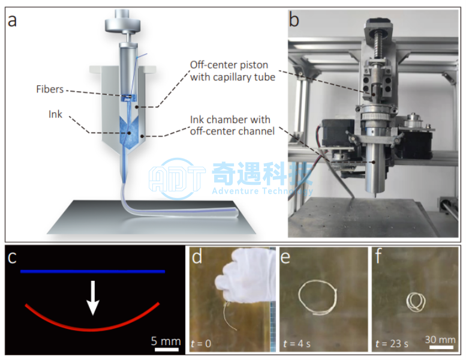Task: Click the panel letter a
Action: [x=12, y=20]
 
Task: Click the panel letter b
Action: [x=294, y=20]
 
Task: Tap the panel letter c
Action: [x=12, y=257]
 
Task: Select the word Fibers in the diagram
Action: [x=50, y=89]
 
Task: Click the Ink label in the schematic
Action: [x=55, y=114]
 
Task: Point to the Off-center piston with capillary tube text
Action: [x=233, y=71]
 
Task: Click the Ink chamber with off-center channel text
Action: [x=232, y=125]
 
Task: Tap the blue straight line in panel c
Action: [x=92, y=271]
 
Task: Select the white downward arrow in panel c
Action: [x=93, y=297]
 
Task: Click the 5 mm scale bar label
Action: [x=166, y=341]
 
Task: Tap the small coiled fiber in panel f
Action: [x=416, y=302]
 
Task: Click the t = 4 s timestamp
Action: [x=297, y=344]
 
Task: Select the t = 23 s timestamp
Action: [x=392, y=344]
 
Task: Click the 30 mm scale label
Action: [x=440, y=340]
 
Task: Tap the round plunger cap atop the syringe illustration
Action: [x=122, y=22]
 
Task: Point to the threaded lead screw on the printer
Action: [x=379, y=46]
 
